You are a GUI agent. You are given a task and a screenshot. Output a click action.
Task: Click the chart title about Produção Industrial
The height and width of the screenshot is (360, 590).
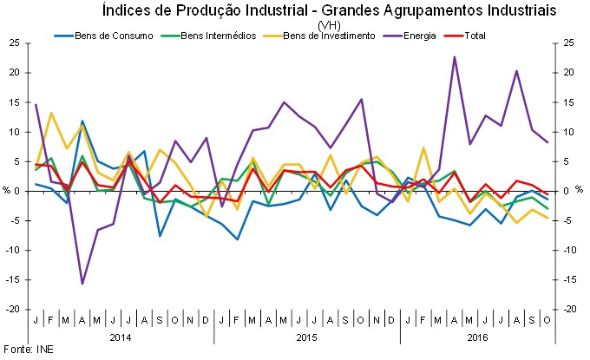point(329,10)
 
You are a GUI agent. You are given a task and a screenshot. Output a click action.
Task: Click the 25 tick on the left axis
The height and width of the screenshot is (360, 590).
point(15,43)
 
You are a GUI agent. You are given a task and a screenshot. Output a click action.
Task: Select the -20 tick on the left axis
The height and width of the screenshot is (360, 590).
point(13,309)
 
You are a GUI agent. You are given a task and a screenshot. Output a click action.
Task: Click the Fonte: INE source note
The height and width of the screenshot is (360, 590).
point(24,350)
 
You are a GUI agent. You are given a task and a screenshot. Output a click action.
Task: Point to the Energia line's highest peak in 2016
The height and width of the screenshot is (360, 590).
point(455,57)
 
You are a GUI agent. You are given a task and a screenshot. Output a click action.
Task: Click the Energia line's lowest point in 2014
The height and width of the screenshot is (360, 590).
point(82,284)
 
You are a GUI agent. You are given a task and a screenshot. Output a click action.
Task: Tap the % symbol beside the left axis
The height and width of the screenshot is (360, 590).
point(5,191)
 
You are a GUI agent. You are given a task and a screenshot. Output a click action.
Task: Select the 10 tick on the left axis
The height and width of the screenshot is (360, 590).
point(15,132)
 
